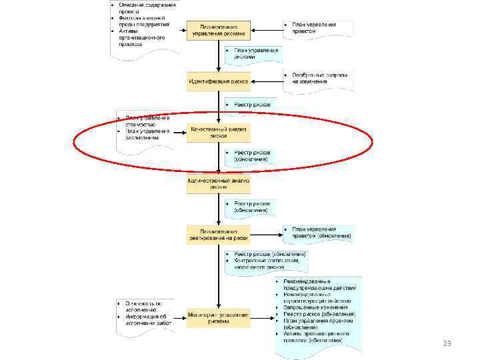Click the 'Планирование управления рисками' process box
[x=218, y=29]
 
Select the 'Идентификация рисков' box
[x=218, y=82]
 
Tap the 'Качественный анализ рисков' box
[x=218, y=132]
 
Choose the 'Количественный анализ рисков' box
[x=218, y=184]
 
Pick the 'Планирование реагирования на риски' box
[x=218, y=234]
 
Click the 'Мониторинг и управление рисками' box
[x=218, y=318]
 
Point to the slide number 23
[x=447, y=344]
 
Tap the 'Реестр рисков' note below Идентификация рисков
[x=251, y=105]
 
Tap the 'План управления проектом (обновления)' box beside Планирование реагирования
[x=319, y=233]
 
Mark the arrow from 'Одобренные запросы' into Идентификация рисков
[x=266, y=82]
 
